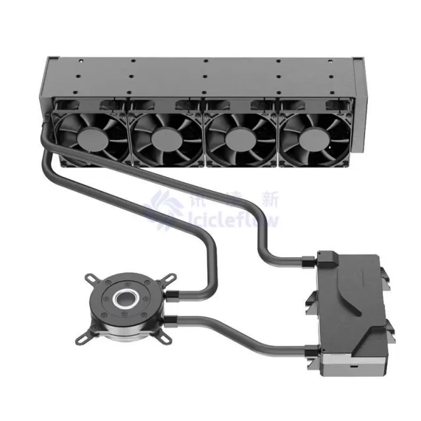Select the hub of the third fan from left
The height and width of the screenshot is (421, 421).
239,138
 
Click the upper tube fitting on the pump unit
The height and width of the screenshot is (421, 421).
309,261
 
